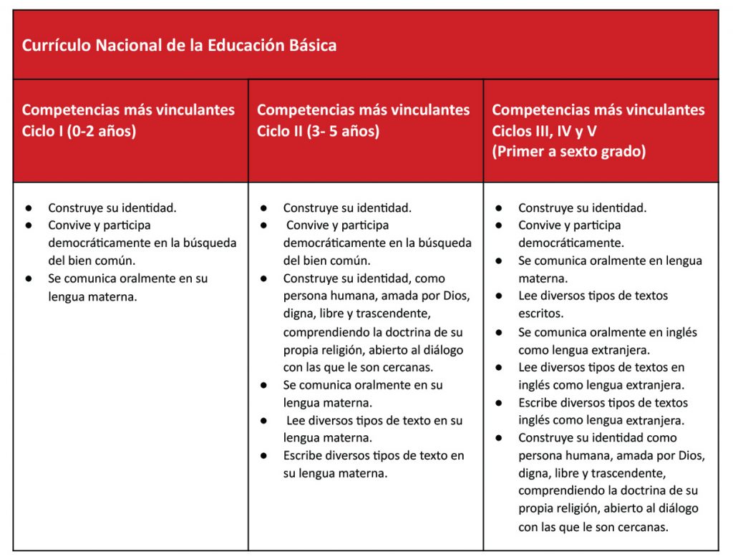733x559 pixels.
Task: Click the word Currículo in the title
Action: [53, 46]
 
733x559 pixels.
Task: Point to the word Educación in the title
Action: [241, 46]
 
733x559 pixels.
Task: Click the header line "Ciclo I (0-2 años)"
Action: [79, 131]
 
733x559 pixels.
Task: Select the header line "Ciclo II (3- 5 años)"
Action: [318, 131]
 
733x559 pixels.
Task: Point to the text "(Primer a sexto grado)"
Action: [568, 152]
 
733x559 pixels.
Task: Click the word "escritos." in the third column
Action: [541, 313]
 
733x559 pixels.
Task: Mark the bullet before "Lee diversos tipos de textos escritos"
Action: [498, 296]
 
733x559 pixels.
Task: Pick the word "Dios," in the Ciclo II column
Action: [455, 296]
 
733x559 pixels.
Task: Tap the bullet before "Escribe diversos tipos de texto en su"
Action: [263, 456]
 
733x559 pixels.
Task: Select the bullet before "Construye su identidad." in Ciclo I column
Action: [29, 208]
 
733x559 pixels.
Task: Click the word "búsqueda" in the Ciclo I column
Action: [212, 243]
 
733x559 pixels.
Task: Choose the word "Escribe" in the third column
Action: [541, 402]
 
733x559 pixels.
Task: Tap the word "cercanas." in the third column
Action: [643, 527]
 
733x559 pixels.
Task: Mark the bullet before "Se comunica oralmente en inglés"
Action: [498, 332]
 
